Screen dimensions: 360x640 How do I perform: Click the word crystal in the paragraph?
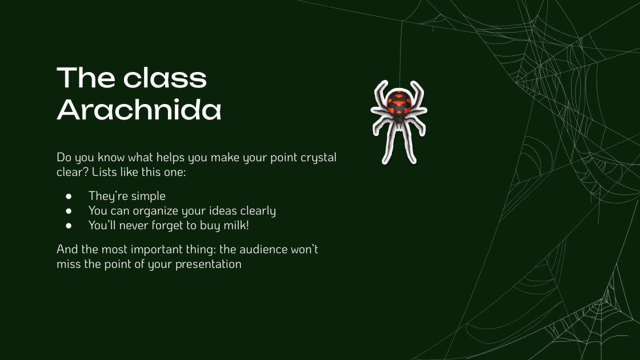point(318,157)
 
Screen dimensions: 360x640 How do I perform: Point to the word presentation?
point(209,265)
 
